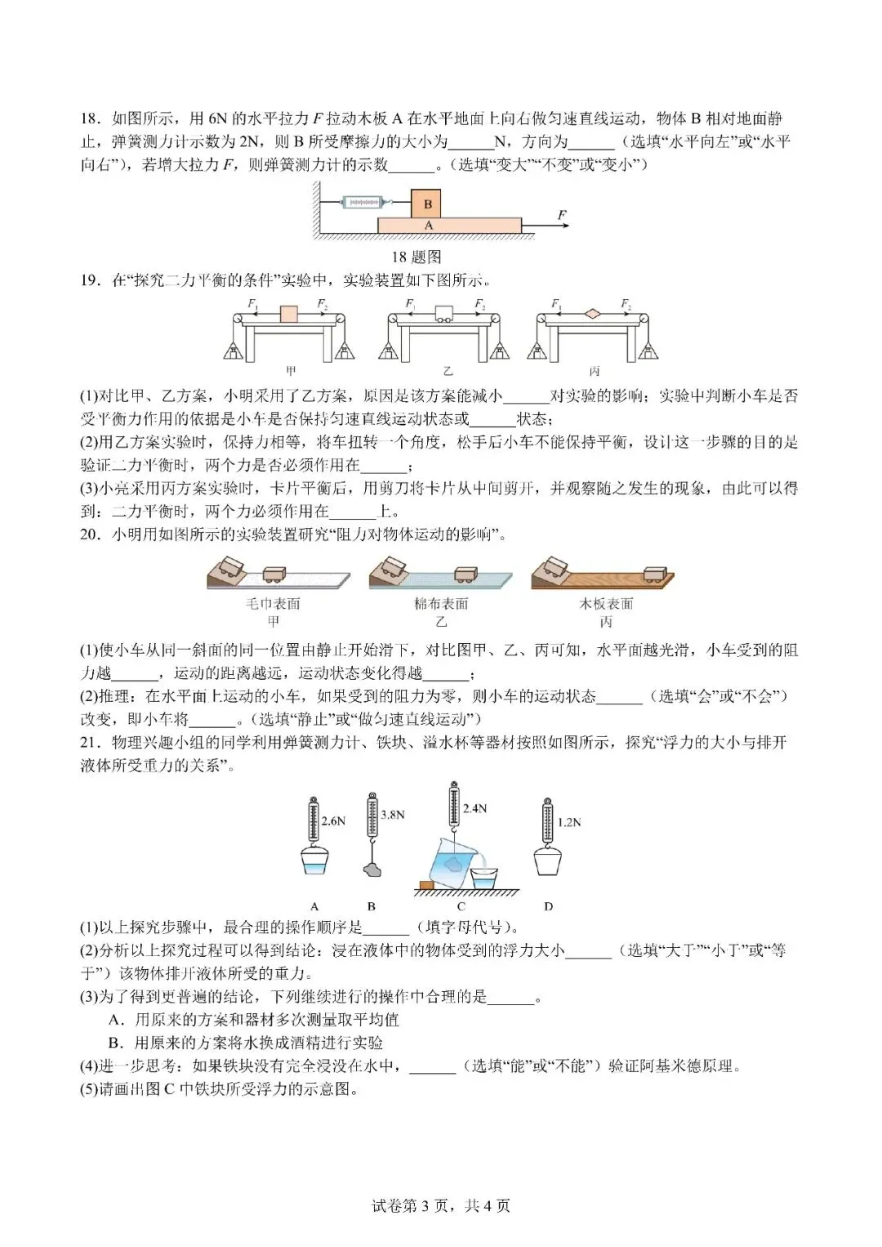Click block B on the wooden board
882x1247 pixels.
426,203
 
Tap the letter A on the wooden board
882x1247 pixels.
429,225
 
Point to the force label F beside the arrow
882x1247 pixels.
562,215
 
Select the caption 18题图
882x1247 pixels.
416,257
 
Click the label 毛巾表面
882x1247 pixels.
274,604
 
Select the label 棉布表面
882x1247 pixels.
441,604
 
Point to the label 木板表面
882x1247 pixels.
606,604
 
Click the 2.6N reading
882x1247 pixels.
335,820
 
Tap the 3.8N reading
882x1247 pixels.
393,814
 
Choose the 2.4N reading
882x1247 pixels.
474,808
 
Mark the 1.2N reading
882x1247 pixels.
568,822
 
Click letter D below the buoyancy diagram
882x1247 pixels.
548,905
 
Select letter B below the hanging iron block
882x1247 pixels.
372,905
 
